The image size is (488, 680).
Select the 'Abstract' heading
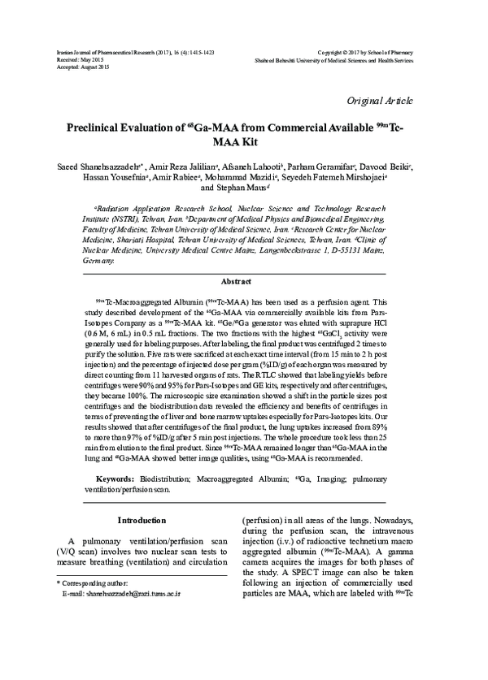point(243,281)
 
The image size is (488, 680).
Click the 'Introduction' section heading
point(142,519)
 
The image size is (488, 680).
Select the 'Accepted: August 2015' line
point(78,66)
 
